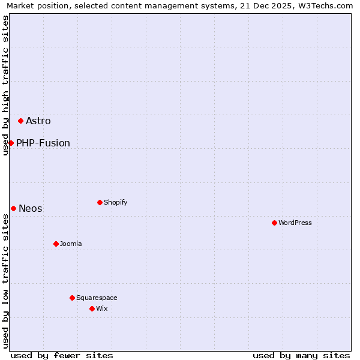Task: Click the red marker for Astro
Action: tap(20, 121)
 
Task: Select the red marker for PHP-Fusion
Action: tap(11, 143)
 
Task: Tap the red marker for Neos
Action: tap(13, 208)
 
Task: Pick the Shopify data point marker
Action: tap(100, 202)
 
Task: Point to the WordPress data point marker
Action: tap(274, 223)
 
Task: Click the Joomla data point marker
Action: tap(56, 244)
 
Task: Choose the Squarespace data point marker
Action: tap(72, 298)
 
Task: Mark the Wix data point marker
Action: tap(92, 308)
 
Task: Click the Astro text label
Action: tap(38, 121)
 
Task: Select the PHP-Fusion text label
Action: tap(43, 143)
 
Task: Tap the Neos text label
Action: tap(31, 209)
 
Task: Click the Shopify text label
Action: tap(116, 203)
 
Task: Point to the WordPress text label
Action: tap(295, 223)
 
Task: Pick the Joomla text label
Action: tap(71, 244)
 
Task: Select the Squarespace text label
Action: tap(97, 298)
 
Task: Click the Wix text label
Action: tap(102, 309)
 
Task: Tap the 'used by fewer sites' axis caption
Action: tap(62, 355)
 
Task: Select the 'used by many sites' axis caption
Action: tap(301, 355)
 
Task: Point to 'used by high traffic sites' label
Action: tap(5, 85)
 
